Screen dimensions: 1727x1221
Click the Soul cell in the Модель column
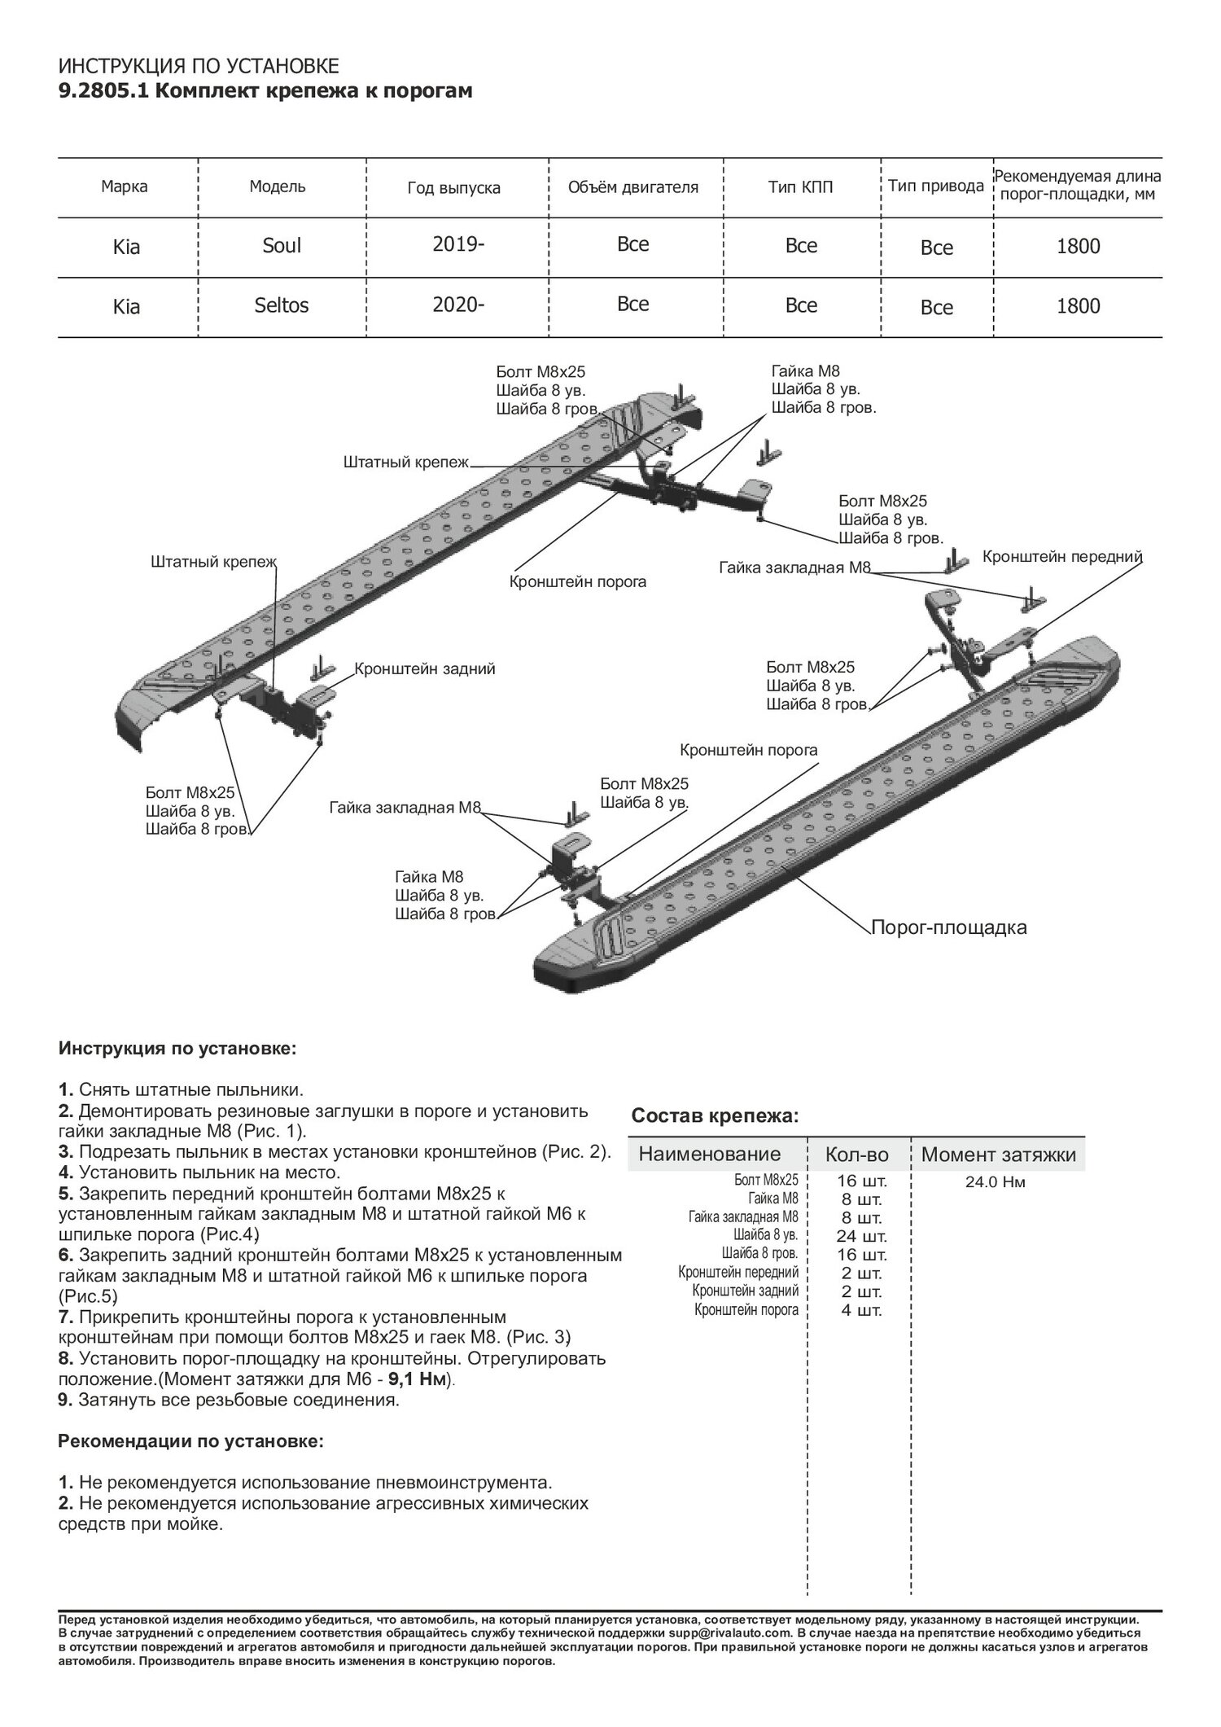[282, 245]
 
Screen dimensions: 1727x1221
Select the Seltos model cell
[282, 306]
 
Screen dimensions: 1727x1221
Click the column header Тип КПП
[800, 187]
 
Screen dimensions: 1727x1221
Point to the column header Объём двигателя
[632, 187]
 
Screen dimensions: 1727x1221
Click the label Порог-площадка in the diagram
[948, 927]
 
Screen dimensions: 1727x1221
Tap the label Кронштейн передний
[1062, 557]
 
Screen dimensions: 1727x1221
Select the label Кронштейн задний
[424, 669]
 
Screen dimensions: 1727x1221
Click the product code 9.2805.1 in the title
[103, 91]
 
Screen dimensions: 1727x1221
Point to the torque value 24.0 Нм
[995, 1182]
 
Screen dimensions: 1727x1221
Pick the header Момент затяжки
[998, 1154]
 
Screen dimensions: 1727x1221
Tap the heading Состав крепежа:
[716, 1116]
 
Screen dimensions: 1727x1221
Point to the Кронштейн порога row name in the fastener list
[746, 1310]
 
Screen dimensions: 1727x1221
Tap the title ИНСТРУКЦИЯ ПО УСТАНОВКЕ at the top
[199, 67]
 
